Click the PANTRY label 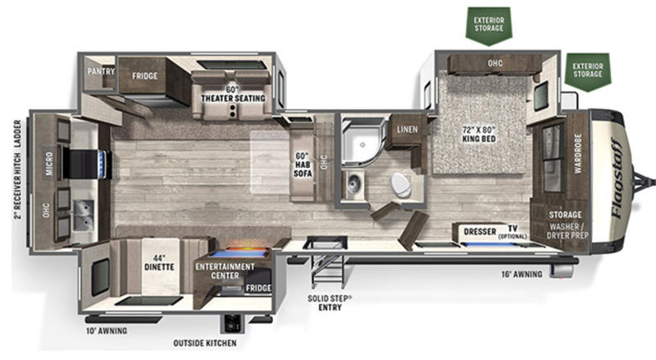click(101, 71)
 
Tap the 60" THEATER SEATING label click(233, 94)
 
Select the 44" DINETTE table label click(159, 262)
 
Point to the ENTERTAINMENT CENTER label click(225, 271)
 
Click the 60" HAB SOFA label click(303, 164)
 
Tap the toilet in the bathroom click(401, 185)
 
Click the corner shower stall click(362, 141)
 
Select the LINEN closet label click(408, 130)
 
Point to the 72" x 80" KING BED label click(479, 134)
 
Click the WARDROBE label click(578, 153)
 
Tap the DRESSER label click(480, 231)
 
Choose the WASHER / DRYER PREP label click(567, 231)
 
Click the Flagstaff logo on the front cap click(617, 178)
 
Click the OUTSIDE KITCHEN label click(205, 344)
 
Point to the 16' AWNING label click(522, 274)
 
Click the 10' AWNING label click(107, 330)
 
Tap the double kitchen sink click(84, 215)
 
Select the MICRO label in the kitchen click(49, 164)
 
